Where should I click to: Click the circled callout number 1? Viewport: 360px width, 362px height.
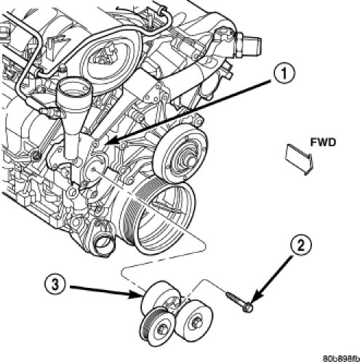(x=284, y=73)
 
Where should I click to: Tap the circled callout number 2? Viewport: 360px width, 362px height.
(x=300, y=246)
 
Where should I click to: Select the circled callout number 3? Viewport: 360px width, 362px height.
(x=55, y=284)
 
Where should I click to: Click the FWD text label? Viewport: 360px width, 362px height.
(x=323, y=142)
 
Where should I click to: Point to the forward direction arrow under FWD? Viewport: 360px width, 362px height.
(x=300, y=158)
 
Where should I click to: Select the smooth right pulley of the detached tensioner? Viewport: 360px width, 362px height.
(x=194, y=319)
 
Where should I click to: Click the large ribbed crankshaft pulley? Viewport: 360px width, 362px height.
(x=159, y=218)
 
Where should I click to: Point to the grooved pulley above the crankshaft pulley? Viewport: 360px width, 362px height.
(x=180, y=154)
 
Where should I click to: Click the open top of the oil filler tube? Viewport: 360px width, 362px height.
(x=75, y=89)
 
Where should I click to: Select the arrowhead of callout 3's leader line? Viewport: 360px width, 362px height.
(x=136, y=294)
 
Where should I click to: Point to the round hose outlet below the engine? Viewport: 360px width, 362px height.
(x=104, y=245)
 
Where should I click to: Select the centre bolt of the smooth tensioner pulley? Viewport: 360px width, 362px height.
(x=196, y=322)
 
